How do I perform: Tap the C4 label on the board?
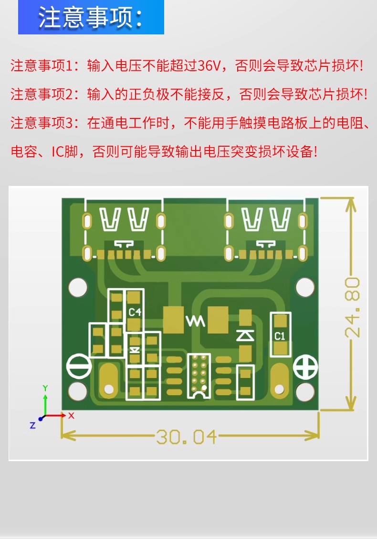[x=135, y=312]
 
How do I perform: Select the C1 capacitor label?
[x=280, y=336]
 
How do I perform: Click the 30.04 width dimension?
[x=187, y=437]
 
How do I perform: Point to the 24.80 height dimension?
[x=352, y=307]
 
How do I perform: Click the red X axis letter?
[x=71, y=415]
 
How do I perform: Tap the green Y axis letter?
[x=45, y=388]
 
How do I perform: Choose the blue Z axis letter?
[x=32, y=425]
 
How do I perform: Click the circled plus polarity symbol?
[x=305, y=367]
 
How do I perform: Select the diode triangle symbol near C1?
[x=245, y=335]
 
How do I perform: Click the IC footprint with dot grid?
[x=199, y=376]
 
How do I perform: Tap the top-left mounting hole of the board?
[x=78, y=287]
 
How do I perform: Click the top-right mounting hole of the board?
[x=305, y=287]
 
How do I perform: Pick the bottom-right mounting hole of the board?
[x=305, y=391]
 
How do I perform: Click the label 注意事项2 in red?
[x=42, y=94]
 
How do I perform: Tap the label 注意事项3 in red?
[x=42, y=123]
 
